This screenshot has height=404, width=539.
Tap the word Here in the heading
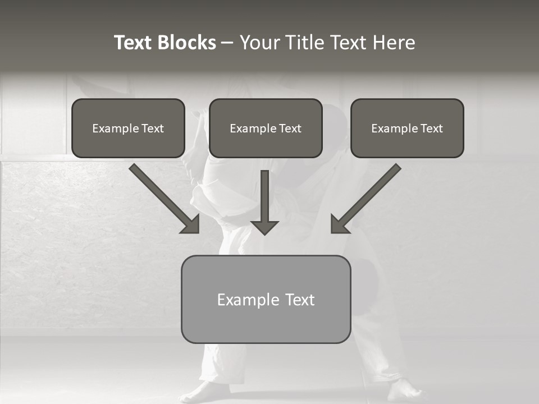[x=393, y=43]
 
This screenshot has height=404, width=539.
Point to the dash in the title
[x=227, y=43]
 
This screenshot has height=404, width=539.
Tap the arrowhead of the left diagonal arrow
[x=191, y=224]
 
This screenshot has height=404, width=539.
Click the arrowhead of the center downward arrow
[x=264, y=227]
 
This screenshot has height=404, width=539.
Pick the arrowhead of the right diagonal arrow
[x=339, y=224]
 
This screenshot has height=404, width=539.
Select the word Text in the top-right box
[x=432, y=128]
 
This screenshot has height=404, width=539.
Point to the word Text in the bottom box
[x=300, y=300]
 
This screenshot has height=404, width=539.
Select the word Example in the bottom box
[x=248, y=300]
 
